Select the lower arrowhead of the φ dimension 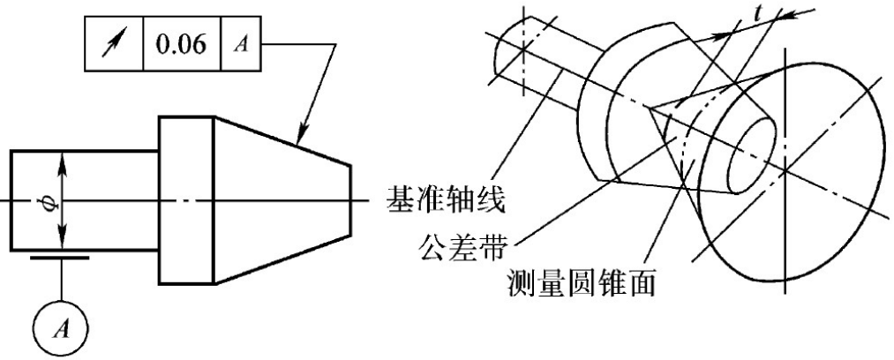[62, 244]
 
